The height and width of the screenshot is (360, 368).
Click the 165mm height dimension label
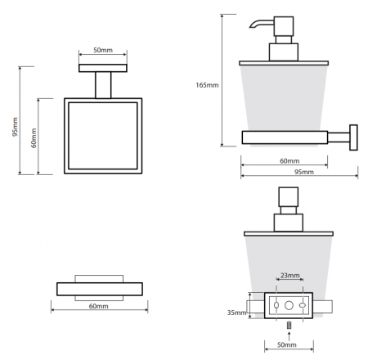(207, 85)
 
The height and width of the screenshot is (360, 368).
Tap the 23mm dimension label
(290, 276)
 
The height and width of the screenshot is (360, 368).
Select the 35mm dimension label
(236, 313)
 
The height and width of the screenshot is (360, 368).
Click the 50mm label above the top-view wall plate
(103, 50)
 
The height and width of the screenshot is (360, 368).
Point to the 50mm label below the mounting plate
(287, 344)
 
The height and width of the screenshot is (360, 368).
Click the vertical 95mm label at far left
(16, 127)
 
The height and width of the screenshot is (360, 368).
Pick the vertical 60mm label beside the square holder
(34, 138)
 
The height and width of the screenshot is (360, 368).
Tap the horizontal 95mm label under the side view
(304, 172)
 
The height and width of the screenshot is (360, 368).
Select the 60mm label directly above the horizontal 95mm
(289, 161)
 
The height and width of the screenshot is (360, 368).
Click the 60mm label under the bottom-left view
(98, 306)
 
